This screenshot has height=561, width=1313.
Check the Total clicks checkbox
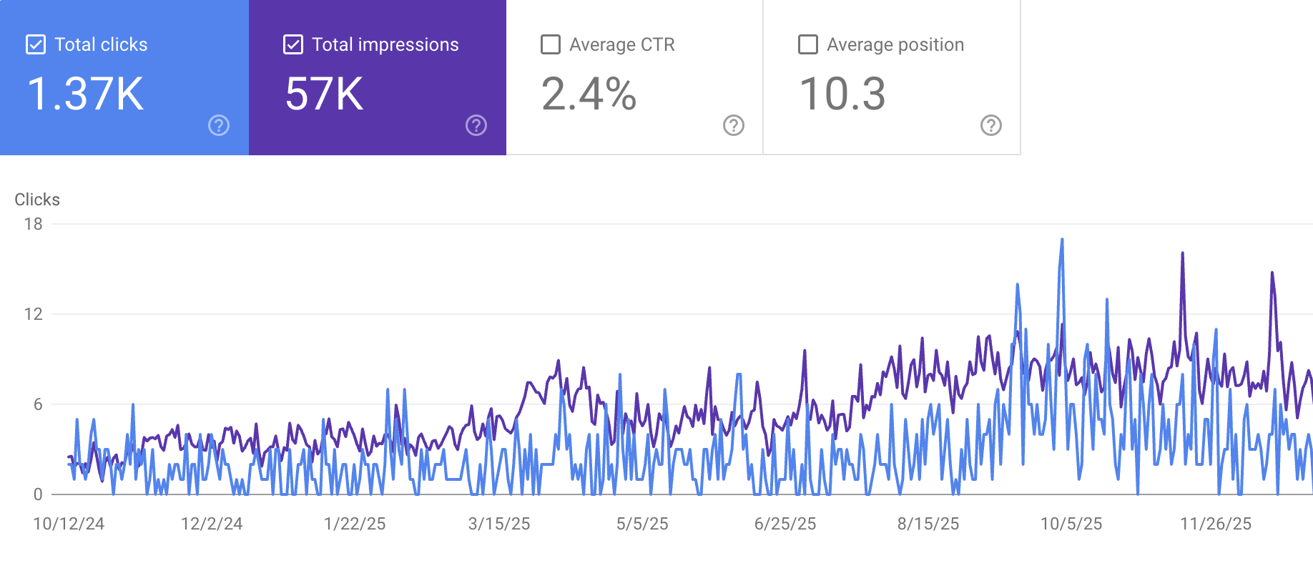point(36,44)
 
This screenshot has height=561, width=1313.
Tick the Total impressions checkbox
point(293,44)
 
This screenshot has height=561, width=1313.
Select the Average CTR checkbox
point(551,44)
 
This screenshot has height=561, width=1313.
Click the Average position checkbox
point(808,44)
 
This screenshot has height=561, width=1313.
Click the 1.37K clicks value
point(85,94)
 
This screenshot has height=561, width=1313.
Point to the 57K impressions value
point(324,94)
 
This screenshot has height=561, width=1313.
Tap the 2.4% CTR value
point(589,94)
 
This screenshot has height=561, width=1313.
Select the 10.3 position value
point(842,94)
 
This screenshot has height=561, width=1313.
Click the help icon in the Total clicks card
point(219,125)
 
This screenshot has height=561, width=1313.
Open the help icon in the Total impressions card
point(476,125)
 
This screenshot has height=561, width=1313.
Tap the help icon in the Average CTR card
point(734,125)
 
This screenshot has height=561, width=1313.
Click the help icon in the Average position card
point(991,125)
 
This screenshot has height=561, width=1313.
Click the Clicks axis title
point(37,200)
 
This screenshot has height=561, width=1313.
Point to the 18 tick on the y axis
point(33,224)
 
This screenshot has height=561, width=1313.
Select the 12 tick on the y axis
point(33,314)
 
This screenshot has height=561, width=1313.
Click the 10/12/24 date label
point(69,524)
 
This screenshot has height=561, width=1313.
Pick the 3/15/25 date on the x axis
point(499,524)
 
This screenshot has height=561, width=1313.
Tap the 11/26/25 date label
point(1216,524)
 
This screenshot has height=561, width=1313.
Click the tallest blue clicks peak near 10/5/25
point(1062,240)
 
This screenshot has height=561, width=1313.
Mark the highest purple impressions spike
point(1182,253)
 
